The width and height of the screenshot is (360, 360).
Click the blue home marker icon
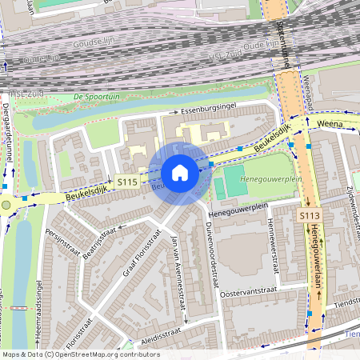tap(180, 172)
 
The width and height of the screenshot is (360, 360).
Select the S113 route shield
tap(310, 216)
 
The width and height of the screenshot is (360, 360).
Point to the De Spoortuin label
tap(94, 96)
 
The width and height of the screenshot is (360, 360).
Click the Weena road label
tap(334, 124)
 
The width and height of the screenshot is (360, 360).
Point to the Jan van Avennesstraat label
tap(179, 277)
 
